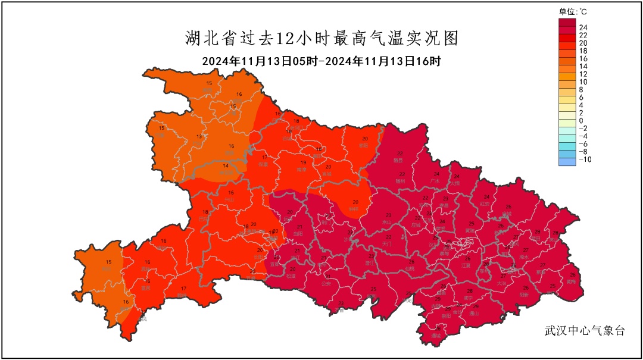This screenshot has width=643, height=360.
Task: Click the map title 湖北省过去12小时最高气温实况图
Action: [x=321, y=39]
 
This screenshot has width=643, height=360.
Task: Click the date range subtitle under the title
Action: [x=321, y=61]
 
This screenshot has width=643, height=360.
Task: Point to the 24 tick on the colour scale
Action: [x=584, y=27]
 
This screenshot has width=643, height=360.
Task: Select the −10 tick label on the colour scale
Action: [x=586, y=159]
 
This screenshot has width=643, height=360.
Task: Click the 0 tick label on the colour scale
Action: [x=582, y=121]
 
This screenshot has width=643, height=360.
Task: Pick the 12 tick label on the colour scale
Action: [x=584, y=74]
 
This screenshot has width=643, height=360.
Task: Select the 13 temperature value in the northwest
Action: [x=199, y=136]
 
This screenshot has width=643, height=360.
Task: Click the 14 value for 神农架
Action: [x=226, y=166]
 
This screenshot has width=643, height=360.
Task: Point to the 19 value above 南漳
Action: [x=303, y=162]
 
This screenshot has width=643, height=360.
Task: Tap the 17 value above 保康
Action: [x=264, y=157]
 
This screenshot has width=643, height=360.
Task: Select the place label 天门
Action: [x=388, y=244]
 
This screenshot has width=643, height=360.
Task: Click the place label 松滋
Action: [x=291, y=276]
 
